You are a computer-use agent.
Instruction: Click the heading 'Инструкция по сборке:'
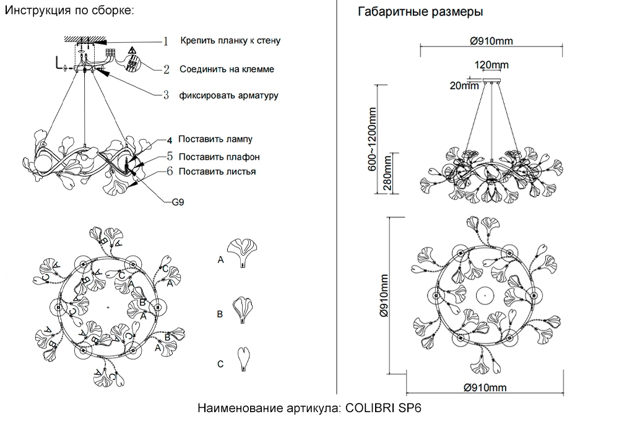click(x=69, y=12)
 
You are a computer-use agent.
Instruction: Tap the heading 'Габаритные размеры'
click(x=420, y=12)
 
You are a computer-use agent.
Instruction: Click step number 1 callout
click(x=165, y=41)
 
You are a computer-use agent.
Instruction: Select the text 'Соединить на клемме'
click(x=227, y=69)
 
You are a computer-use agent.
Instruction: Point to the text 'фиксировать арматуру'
click(x=228, y=95)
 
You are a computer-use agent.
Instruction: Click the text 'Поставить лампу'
click(x=215, y=139)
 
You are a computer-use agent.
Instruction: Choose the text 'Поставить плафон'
click(x=219, y=157)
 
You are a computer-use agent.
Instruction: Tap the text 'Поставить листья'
click(x=217, y=171)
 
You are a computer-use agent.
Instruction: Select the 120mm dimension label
click(x=491, y=65)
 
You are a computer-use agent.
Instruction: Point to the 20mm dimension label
click(x=465, y=86)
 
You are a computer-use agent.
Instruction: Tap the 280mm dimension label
click(x=388, y=174)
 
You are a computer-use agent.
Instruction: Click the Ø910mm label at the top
click(x=491, y=41)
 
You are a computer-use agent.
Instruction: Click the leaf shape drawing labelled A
click(x=245, y=253)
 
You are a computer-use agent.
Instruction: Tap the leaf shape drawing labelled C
click(x=244, y=358)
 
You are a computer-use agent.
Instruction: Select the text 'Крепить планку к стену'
click(x=231, y=41)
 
